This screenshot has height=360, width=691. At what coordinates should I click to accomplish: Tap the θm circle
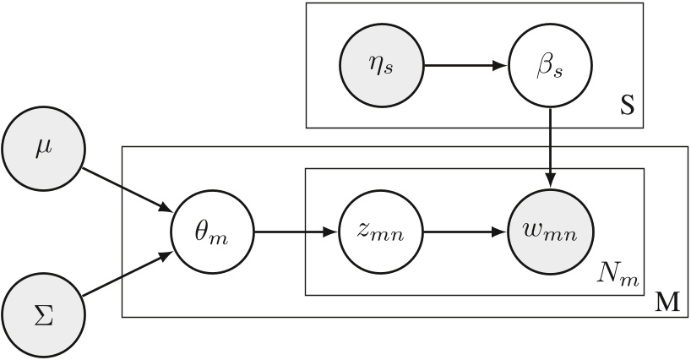pos(212,230)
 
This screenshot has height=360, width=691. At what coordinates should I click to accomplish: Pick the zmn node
pos(380,230)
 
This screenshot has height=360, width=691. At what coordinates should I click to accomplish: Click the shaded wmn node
pos(551,230)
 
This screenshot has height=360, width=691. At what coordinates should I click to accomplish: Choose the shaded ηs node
pos(380,64)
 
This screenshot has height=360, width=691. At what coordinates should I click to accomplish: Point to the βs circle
pos(551,64)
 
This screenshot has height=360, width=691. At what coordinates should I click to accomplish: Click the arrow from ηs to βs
pos(465,64)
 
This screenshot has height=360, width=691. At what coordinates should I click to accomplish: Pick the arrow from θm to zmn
pos(296,230)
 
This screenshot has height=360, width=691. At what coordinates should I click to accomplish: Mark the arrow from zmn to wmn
pos(465,230)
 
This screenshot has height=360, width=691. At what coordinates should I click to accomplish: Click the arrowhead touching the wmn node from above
pos(551,181)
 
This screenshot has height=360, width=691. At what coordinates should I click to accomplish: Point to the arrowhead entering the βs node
pos(502,64)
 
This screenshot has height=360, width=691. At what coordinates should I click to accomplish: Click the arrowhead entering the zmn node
pos(331,230)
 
